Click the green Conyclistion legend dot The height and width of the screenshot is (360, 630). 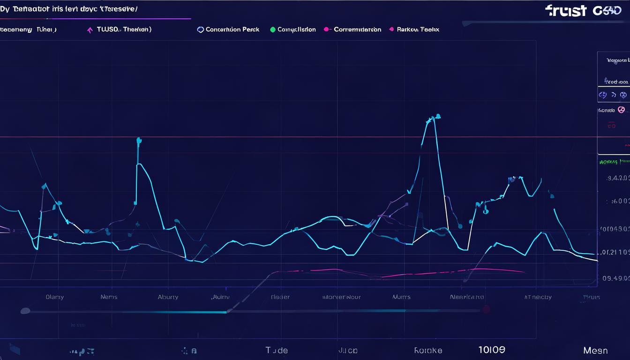[x=273, y=30]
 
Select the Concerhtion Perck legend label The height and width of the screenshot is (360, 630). [x=232, y=30]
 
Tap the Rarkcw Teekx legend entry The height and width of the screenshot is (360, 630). [x=418, y=30]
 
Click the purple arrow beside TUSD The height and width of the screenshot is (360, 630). [x=90, y=30]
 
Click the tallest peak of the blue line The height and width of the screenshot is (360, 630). [x=437, y=116]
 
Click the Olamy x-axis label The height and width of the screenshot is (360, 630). [x=55, y=297]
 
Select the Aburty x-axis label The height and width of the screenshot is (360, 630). [x=168, y=297]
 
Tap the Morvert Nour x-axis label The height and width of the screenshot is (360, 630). [x=342, y=297]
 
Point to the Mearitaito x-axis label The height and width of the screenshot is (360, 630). [x=466, y=297]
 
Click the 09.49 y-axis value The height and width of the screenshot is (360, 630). [x=615, y=278]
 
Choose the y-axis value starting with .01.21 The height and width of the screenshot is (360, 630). [x=615, y=252]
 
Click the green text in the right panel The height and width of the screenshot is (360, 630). [x=614, y=162]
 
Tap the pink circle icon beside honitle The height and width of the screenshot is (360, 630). [x=621, y=110]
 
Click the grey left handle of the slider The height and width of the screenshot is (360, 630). [x=25, y=311]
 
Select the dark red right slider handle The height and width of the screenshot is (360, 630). [x=486, y=309]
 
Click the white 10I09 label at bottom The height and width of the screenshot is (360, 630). [x=492, y=350]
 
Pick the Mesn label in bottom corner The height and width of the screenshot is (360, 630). [x=595, y=351]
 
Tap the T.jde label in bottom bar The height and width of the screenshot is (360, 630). [x=277, y=350]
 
